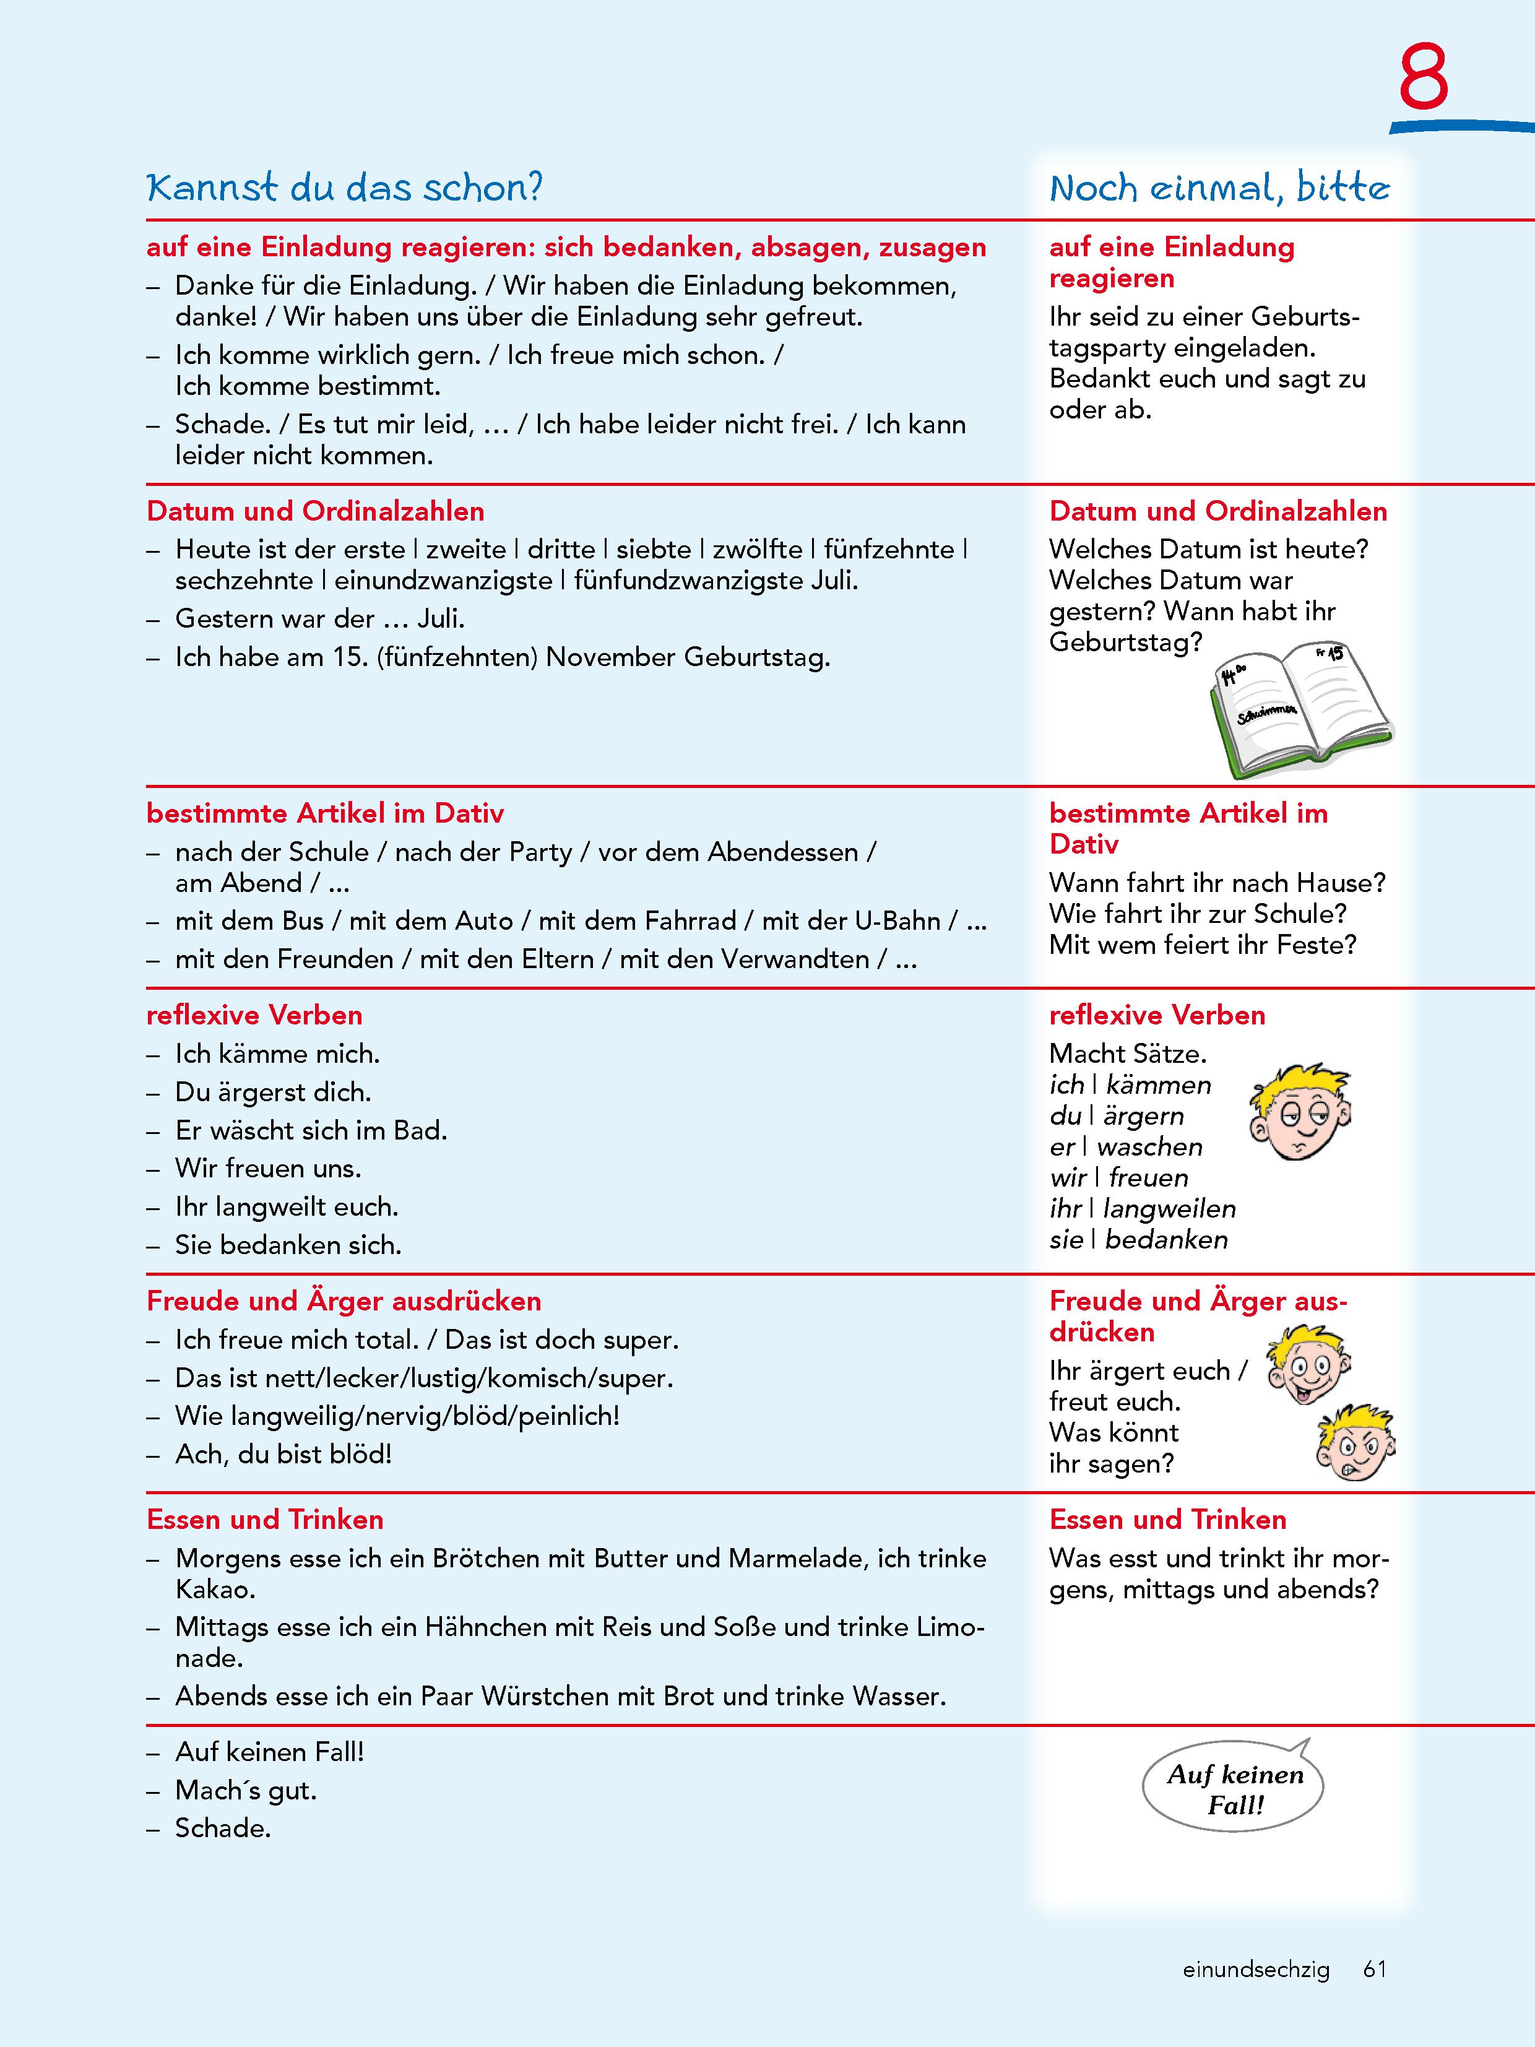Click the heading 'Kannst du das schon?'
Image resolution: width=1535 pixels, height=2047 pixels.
[x=344, y=188]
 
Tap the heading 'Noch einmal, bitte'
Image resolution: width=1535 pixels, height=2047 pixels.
[x=1219, y=188]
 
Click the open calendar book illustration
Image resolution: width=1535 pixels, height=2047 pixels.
[x=1300, y=707]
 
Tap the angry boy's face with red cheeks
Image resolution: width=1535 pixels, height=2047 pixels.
[x=1354, y=1445]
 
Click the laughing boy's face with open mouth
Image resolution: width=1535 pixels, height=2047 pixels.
[x=1307, y=1365]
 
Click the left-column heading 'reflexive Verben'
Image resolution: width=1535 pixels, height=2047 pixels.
[x=254, y=1015]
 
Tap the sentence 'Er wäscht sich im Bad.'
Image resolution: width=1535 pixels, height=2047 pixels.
[x=311, y=1130]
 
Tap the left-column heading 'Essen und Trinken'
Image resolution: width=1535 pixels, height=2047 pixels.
[x=265, y=1520]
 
